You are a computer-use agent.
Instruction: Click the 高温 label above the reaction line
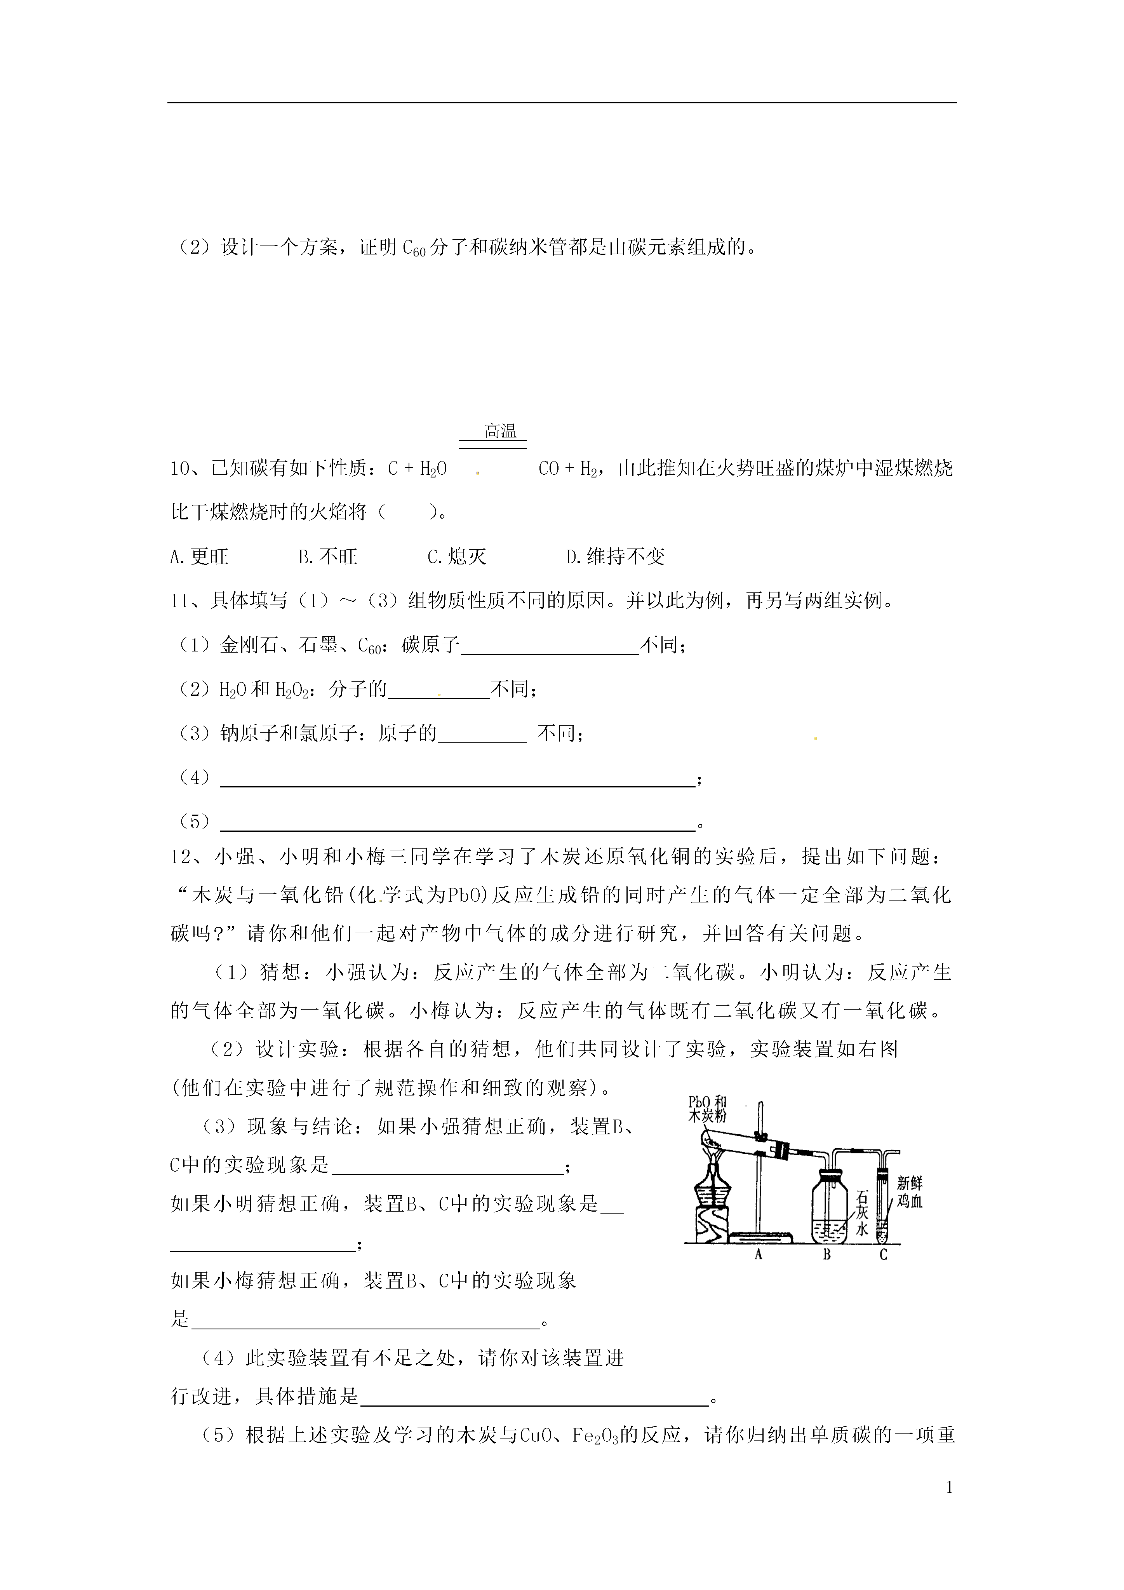[x=500, y=432]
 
